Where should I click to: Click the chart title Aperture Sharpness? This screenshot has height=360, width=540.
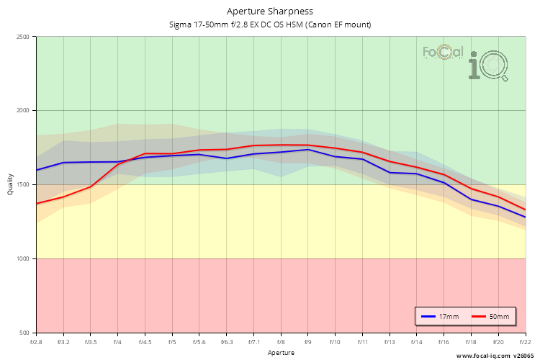click(270, 12)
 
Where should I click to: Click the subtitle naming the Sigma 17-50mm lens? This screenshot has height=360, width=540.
click(270, 24)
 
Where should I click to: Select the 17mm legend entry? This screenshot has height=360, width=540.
click(439, 316)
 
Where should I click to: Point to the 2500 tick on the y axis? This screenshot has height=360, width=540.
click(23, 37)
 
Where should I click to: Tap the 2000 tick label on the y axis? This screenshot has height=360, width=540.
click(23, 111)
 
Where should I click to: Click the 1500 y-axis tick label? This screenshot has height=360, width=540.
click(23, 185)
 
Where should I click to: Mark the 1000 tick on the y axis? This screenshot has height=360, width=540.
click(23, 258)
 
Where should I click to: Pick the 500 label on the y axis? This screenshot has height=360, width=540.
click(24, 333)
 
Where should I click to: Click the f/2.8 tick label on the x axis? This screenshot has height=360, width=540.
click(36, 342)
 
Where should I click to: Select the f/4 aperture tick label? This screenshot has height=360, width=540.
click(117, 342)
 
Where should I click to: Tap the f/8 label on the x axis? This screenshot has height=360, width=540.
click(281, 342)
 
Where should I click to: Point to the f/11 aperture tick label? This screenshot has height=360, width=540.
click(362, 342)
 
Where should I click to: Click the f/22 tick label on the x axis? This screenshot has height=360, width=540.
click(525, 342)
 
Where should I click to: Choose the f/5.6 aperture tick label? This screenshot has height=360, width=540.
click(199, 342)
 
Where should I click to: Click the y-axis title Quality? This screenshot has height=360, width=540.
click(10, 185)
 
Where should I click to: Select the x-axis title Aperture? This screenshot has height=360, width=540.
click(281, 353)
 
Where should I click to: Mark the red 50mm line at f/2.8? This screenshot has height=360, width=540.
click(37, 203)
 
